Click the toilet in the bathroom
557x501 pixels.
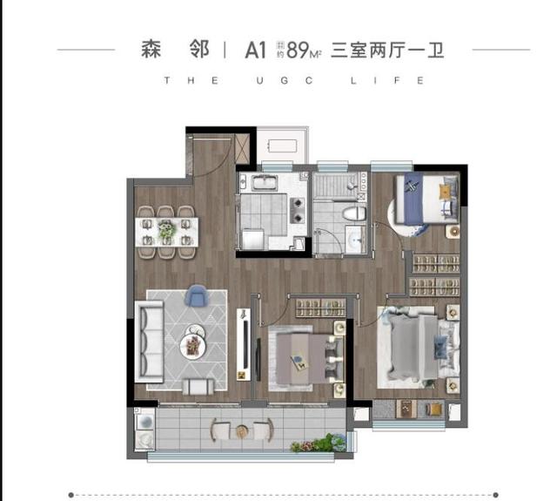354,213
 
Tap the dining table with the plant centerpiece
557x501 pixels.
167,231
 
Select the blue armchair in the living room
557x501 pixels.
196,296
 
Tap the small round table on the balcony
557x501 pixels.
242,429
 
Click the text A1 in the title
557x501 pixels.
254,51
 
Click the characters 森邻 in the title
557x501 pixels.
175,50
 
